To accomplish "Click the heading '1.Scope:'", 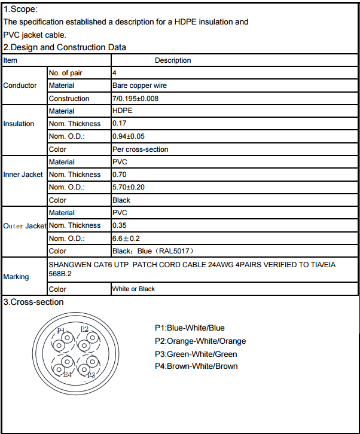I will [x=20, y=9].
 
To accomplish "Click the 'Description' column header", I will [x=173, y=60].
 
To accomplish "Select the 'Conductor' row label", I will [x=20, y=85].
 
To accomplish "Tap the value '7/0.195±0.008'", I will [x=135, y=99].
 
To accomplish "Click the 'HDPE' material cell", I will [x=123, y=111].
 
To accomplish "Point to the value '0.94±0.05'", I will [x=129, y=136].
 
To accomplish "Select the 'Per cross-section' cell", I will [x=141, y=149].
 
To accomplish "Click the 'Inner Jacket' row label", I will [x=23, y=175].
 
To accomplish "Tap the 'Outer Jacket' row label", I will [x=25, y=225].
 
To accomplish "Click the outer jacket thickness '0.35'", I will [x=120, y=225].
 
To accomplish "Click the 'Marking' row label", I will [x=16, y=277].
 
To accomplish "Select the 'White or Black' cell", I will [x=133, y=289].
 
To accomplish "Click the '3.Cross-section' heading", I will [x=33, y=302].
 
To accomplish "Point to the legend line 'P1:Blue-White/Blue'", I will [x=190, y=328].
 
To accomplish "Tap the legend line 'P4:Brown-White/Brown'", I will [x=196, y=366].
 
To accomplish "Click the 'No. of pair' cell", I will [x=66, y=73].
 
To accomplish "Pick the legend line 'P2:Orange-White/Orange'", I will [x=200, y=341].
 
